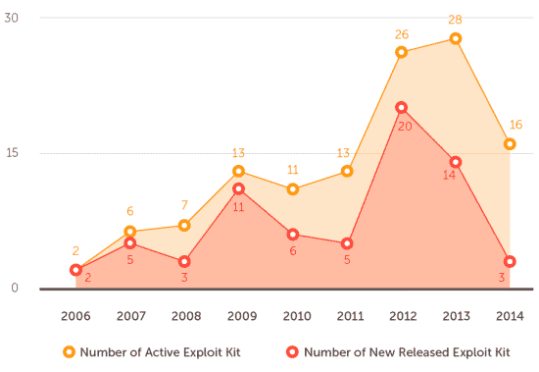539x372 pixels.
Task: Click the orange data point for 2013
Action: [456, 38]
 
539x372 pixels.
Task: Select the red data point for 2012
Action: [402, 108]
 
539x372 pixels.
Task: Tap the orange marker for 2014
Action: [510, 144]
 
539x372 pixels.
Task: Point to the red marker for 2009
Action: [238, 188]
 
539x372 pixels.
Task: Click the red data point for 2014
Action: [510, 262]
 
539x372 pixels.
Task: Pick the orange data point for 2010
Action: [292, 189]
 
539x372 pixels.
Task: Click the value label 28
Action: [455, 20]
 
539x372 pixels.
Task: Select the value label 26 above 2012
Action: [401, 33]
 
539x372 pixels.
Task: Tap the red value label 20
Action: [404, 126]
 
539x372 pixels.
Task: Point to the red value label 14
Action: [449, 174]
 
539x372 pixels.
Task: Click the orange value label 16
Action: [515, 125]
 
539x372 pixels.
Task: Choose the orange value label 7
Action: [184, 207]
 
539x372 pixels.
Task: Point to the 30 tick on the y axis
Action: [11, 19]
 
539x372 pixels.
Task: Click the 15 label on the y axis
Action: [11, 154]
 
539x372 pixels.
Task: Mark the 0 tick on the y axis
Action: [15, 289]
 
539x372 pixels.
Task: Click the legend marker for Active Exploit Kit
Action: [69, 351]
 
